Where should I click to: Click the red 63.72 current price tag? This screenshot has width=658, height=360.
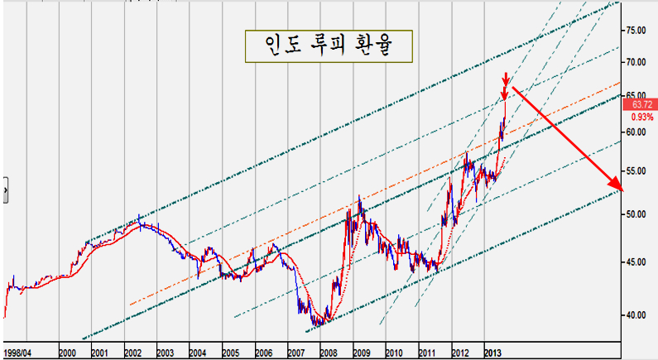[x=642, y=105]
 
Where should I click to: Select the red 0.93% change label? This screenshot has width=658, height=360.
[x=642, y=118]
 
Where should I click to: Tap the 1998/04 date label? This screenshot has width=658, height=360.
[x=18, y=352]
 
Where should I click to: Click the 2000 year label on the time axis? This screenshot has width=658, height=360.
[x=70, y=352]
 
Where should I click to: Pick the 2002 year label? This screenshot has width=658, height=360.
[x=132, y=352]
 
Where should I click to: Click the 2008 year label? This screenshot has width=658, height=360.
[x=328, y=352]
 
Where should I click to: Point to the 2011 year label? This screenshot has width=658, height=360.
[x=425, y=352]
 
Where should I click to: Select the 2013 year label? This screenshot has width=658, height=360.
[x=491, y=352]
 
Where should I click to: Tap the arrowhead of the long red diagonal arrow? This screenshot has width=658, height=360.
[x=616, y=185]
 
